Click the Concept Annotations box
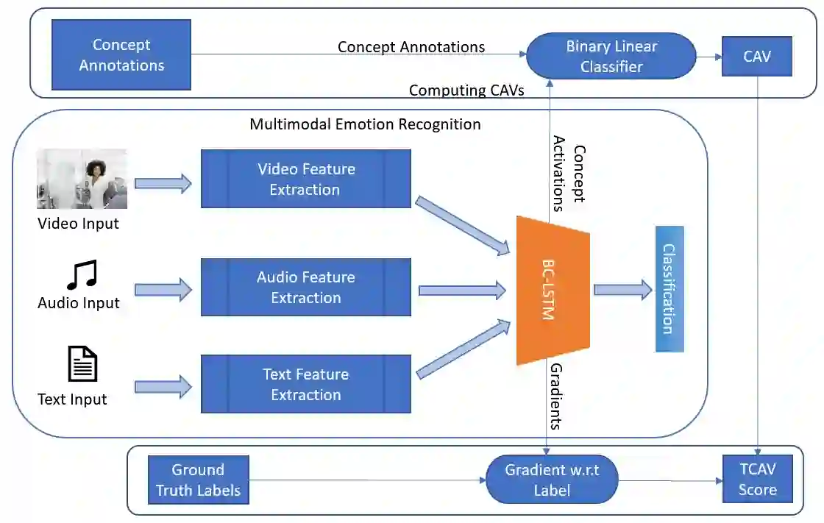tap(121, 54)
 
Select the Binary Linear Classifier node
tap(611, 57)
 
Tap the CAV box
tap(756, 55)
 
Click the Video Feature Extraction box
tap(305, 179)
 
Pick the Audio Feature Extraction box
tap(305, 287)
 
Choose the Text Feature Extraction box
tap(305, 384)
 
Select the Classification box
tap(669, 288)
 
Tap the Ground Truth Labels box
tap(198, 480)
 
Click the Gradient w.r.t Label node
tap(552, 480)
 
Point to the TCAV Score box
tap(758, 479)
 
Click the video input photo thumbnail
tap(82, 179)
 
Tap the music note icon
tap(81, 274)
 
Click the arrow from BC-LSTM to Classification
tap(622, 289)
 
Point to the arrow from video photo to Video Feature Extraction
tap(163, 182)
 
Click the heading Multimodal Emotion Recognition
tap(365, 124)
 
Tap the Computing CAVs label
tap(466, 90)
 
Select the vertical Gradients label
tap(557, 396)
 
